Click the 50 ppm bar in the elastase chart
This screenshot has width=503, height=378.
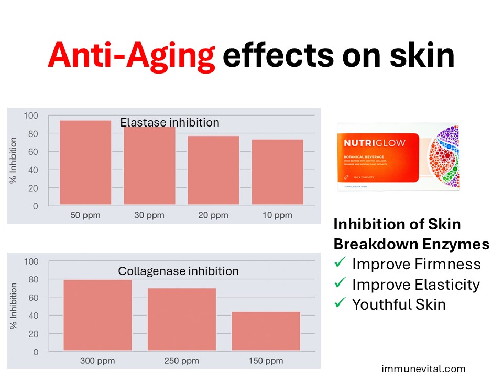tap(85, 163)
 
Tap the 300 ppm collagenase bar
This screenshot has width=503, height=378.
tap(97, 315)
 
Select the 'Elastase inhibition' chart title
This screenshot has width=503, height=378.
tap(169, 123)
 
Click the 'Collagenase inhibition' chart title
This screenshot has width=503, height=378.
tap(178, 271)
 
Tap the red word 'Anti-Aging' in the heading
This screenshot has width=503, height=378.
tap(131, 56)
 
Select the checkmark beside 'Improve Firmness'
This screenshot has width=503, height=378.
tap(340, 264)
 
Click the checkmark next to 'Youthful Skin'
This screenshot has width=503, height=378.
tap(340, 303)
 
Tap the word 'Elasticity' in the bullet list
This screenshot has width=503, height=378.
tap(447, 285)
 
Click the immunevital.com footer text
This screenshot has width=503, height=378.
tap(423, 369)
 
